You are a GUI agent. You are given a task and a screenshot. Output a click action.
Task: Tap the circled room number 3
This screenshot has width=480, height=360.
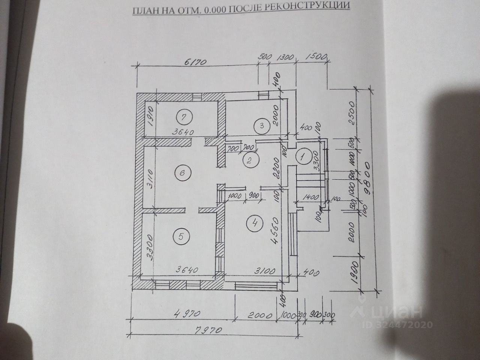pyautogui.click(x=262, y=126)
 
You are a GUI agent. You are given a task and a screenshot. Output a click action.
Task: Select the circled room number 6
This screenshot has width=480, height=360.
pyautogui.click(x=182, y=173)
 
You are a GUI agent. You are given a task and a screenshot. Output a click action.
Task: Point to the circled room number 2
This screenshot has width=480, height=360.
pyautogui.click(x=249, y=160)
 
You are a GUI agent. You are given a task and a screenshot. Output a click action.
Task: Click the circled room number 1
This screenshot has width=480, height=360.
pyautogui.click(x=302, y=156)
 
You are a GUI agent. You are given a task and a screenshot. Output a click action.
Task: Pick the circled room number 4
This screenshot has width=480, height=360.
pyautogui.click(x=255, y=224)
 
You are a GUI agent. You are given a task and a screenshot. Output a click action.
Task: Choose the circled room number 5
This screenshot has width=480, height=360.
pyautogui.click(x=181, y=237)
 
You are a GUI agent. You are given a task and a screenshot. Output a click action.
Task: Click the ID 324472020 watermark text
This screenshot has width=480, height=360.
pyautogui.click(x=398, y=325)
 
